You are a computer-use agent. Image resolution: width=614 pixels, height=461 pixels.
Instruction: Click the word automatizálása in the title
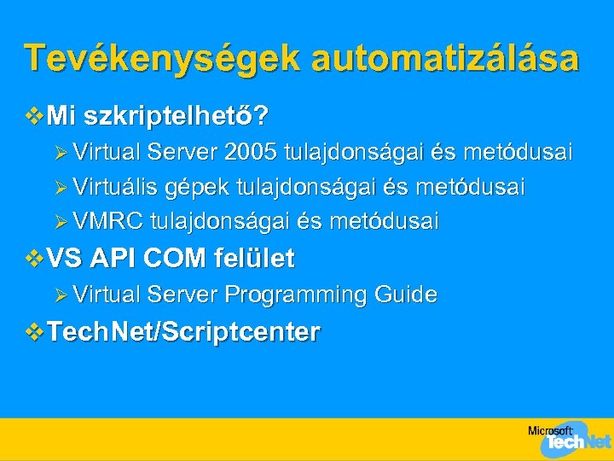[x=445, y=59]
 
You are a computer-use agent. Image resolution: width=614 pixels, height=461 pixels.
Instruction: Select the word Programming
[x=296, y=295]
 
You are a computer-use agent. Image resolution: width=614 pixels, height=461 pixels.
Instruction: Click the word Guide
[x=405, y=295]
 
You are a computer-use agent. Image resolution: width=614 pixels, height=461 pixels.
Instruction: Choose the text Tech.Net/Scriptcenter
[x=184, y=332]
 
